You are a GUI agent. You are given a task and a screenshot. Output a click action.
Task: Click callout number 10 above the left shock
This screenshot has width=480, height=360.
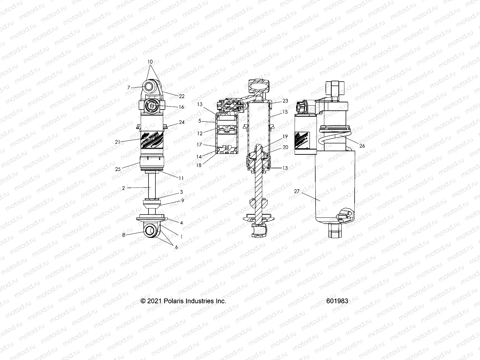click(150, 62)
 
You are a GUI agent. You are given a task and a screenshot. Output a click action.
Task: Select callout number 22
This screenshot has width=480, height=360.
click(182, 96)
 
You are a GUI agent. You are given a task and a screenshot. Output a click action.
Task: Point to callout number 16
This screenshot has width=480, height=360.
click(181, 107)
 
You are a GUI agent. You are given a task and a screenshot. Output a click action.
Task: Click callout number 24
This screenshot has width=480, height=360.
click(182, 122)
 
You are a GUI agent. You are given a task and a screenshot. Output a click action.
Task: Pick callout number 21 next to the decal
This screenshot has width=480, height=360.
click(118, 142)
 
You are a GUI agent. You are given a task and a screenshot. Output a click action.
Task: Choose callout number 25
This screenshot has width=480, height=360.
click(118, 169)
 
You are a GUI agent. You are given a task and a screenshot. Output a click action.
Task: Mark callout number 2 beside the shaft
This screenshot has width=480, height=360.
click(123, 188)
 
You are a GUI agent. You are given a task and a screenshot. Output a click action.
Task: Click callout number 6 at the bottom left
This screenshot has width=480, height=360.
click(176, 247)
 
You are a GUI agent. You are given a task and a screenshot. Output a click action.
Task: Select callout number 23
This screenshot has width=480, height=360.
click(285, 101)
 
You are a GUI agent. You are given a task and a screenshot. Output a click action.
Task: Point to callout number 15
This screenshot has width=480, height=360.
click(285, 112)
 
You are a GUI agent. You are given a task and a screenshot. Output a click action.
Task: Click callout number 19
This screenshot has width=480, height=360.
click(285, 136)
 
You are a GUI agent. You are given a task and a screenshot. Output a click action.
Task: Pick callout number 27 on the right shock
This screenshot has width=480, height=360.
click(297, 191)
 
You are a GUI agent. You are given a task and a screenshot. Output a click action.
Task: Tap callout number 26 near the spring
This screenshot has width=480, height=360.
click(362, 146)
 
